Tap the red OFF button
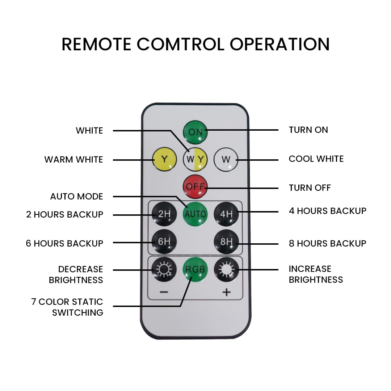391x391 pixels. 195,186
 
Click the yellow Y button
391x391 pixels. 165,159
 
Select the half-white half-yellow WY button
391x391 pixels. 195,159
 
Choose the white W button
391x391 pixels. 226,159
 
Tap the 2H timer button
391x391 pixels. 164,214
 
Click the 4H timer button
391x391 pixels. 226,214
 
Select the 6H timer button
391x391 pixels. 164,241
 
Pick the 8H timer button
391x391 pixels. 226,241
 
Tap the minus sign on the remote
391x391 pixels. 164,292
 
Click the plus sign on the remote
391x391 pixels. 226,292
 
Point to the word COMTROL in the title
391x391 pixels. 181,45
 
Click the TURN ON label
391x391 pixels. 308,130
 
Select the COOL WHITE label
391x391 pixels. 316,159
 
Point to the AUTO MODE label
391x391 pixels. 76,197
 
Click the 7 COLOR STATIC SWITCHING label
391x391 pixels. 67,307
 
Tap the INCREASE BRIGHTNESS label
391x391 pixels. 316,274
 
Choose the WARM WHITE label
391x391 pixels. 73,160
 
